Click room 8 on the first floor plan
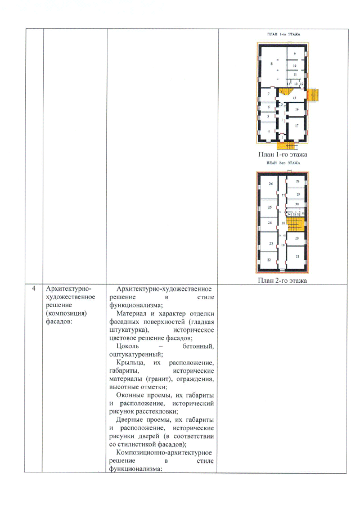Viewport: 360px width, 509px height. (272, 65)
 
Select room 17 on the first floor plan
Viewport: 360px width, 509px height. (296, 127)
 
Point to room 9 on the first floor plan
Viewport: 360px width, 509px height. (295, 53)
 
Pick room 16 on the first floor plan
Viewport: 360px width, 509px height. (296, 109)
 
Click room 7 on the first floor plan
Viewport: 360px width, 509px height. (268, 94)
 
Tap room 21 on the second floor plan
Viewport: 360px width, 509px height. (296, 255)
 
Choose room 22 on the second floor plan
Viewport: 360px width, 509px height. (269, 260)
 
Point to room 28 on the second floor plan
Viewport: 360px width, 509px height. (298, 182)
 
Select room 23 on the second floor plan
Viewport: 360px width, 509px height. (271, 244)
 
